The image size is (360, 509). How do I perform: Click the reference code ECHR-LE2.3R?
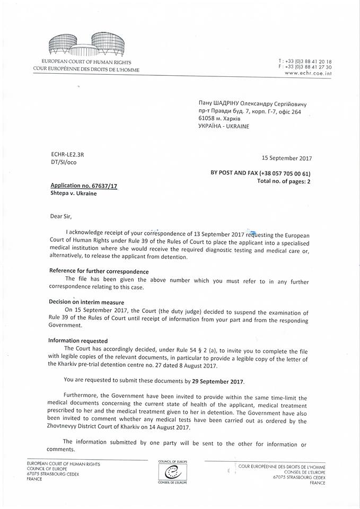point(67,154)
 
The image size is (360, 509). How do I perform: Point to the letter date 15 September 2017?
point(287,158)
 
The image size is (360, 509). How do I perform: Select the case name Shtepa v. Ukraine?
point(74,194)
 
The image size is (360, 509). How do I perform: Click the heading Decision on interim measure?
point(86,302)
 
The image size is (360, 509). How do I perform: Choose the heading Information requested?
point(78,340)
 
